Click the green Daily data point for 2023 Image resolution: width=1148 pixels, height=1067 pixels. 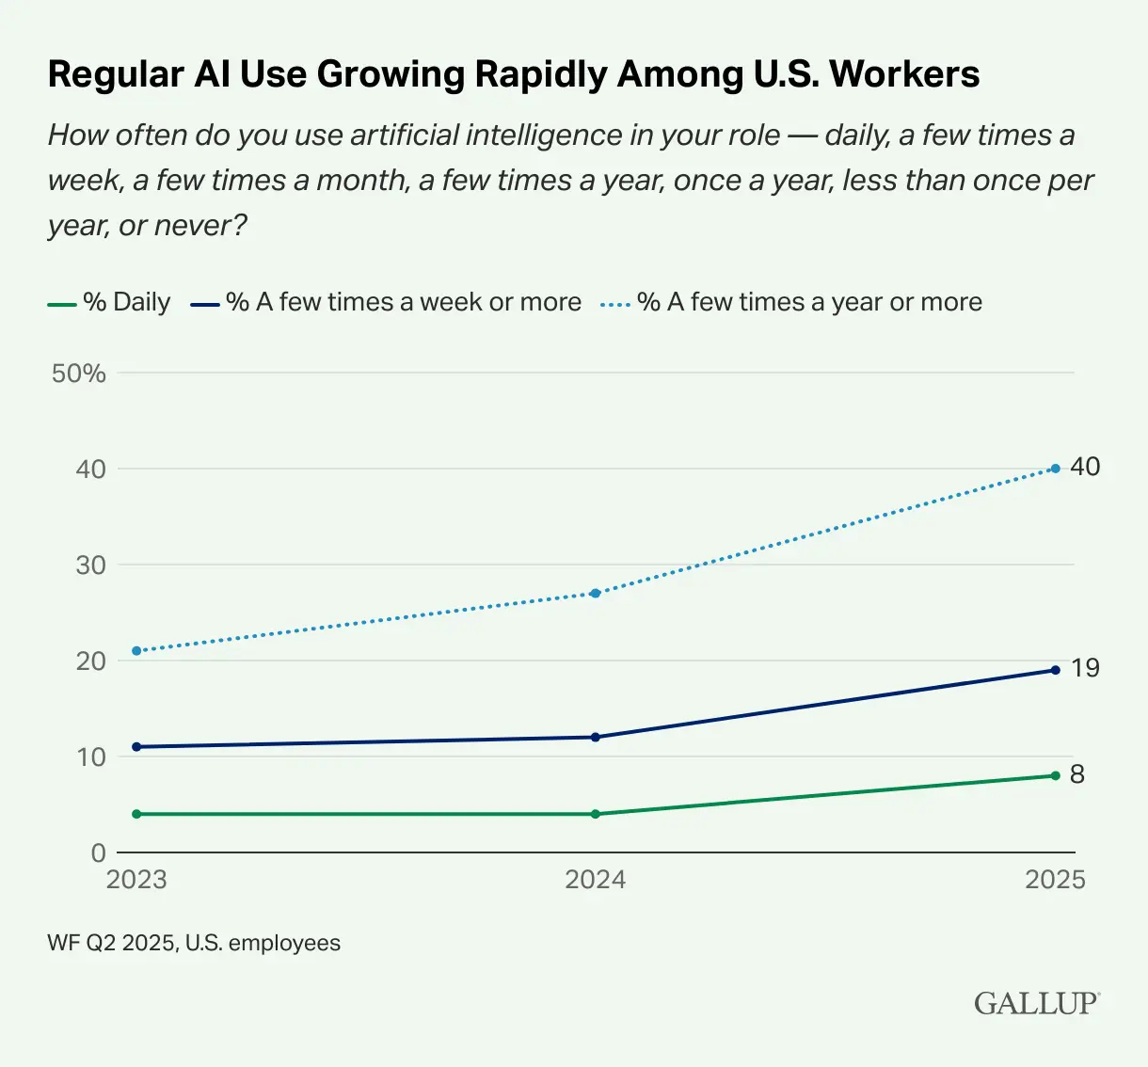tap(136, 814)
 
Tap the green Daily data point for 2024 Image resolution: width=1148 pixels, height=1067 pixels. tap(596, 814)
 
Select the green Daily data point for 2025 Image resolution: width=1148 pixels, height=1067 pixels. tap(1055, 775)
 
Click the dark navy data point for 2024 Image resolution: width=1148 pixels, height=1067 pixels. tap(596, 737)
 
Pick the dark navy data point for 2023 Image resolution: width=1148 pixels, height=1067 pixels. tap(136, 747)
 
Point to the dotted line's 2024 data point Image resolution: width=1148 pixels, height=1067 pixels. tap(596, 593)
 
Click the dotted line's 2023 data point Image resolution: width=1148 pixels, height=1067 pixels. tap(136, 651)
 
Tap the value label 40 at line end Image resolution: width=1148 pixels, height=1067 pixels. tap(1085, 467)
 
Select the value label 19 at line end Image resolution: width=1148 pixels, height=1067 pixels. tap(1085, 668)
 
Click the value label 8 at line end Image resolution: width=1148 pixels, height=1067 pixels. tap(1077, 774)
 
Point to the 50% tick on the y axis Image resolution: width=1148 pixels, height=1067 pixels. tap(79, 374)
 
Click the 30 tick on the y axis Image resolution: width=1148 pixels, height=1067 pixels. tap(91, 565)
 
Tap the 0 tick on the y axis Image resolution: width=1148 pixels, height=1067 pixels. tap(99, 853)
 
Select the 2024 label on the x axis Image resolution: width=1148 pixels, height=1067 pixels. tap(595, 880)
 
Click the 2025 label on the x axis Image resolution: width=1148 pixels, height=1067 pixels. tap(1055, 880)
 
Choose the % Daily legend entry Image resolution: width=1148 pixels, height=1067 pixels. tap(109, 302)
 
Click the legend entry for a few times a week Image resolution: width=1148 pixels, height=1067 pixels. tap(386, 302)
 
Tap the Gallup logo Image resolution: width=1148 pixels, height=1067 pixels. tap(1036, 1003)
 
